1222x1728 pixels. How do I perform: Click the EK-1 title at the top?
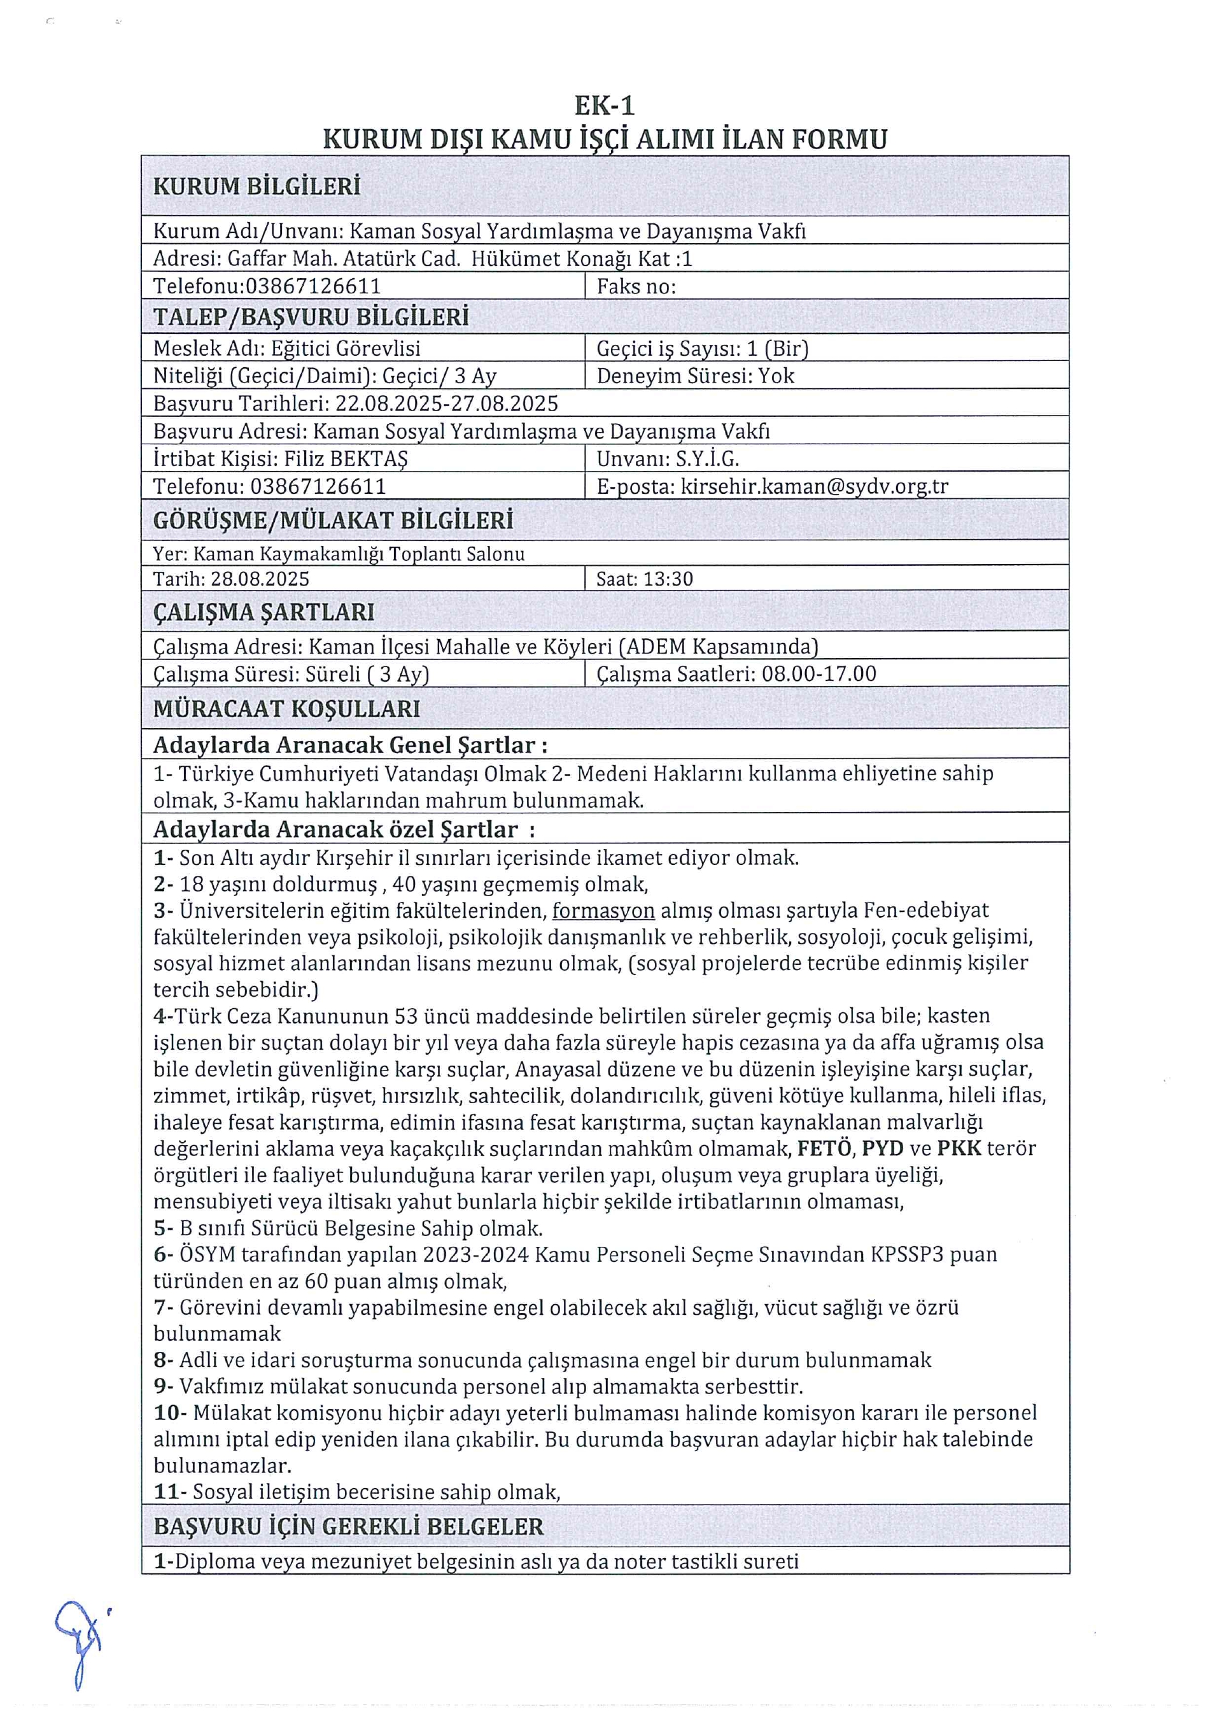(604, 106)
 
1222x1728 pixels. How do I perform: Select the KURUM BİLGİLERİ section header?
(256, 186)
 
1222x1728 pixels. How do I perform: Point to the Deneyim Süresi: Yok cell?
(695, 376)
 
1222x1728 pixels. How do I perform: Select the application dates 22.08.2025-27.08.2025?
(446, 404)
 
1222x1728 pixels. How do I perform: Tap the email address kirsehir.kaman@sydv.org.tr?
(814, 486)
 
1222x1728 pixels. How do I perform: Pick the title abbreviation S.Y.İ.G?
(707, 459)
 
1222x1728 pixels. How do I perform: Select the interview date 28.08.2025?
(260, 579)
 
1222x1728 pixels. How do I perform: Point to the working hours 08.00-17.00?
(818, 673)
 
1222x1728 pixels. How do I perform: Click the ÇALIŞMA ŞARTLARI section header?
(263, 612)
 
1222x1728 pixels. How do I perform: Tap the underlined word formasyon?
(603, 911)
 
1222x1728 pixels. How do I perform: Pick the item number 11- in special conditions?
(170, 1493)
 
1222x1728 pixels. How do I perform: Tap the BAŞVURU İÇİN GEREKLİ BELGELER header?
(348, 1527)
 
